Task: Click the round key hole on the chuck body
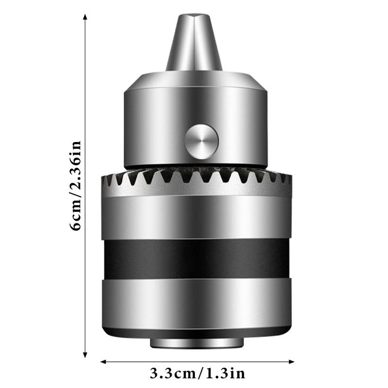[201, 142]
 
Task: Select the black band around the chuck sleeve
[196, 258]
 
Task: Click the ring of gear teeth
[196, 178]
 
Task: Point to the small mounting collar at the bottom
[196, 342]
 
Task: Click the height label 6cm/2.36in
[76, 186]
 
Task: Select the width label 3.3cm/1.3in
[197, 373]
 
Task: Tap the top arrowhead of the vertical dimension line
[85, 17]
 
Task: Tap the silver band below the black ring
[196, 301]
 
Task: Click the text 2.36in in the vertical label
[76, 167]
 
